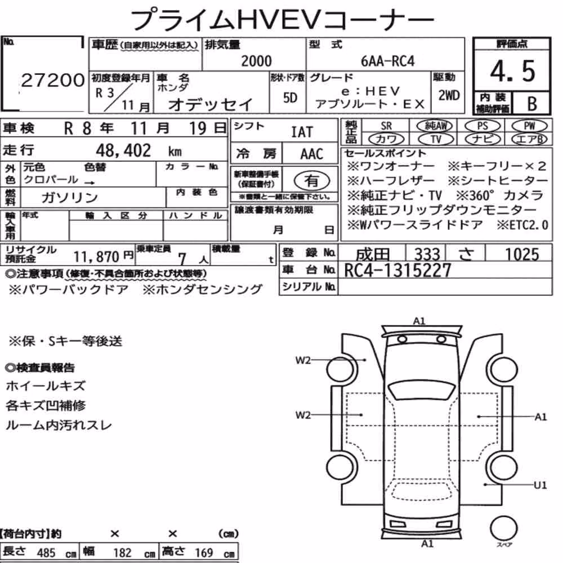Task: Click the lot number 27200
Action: tap(52, 81)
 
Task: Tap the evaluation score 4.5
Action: tap(512, 71)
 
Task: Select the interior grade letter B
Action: tap(532, 104)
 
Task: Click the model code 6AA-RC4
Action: tap(387, 61)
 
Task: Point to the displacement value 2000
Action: tap(256, 61)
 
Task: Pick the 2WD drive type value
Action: tap(449, 95)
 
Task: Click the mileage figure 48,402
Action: tap(123, 150)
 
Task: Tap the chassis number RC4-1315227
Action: tap(397, 270)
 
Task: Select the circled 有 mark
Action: tap(312, 181)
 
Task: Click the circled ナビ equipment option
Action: tap(482, 139)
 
